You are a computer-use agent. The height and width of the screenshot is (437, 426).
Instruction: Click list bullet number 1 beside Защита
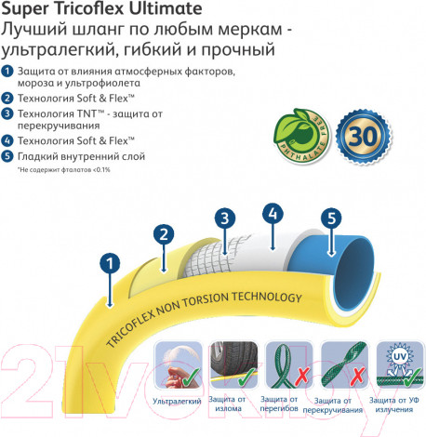[x=8, y=72]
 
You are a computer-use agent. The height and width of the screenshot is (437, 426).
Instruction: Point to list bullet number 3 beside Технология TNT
[x=8, y=113]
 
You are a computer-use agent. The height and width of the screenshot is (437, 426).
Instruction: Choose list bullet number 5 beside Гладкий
[x=8, y=156]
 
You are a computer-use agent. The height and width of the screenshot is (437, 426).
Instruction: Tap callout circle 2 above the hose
[x=164, y=235]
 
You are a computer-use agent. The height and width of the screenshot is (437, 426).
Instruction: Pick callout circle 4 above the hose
[x=273, y=214]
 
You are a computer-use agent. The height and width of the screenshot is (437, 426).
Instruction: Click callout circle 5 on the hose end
[x=331, y=219]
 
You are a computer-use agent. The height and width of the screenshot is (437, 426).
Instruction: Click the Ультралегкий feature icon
[x=178, y=364]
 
